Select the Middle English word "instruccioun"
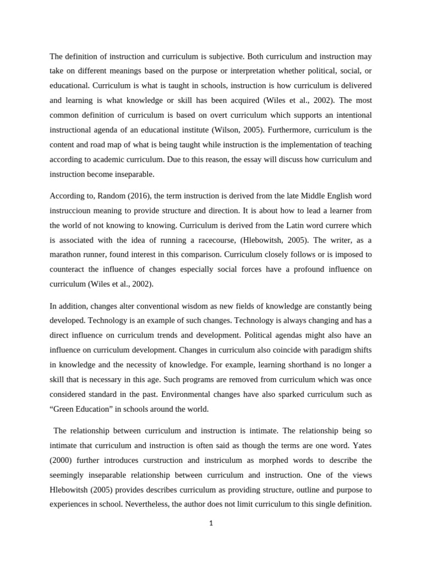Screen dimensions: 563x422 (x=74, y=211)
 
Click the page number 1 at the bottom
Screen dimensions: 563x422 (x=210, y=523)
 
